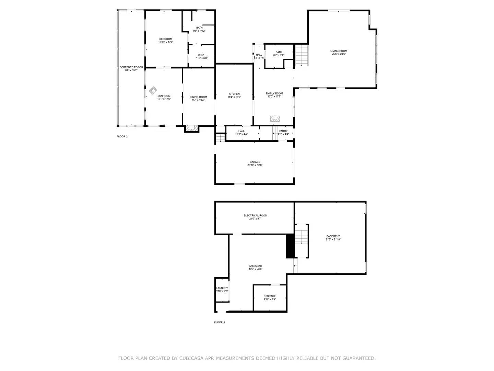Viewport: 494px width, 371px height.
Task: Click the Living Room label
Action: point(339,51)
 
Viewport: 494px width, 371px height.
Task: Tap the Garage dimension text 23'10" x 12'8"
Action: point(255,165)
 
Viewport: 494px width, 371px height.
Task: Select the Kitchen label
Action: point(234,94)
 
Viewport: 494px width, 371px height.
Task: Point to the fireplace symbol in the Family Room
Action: point(275,119)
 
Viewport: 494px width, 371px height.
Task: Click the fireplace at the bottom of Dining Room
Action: point(192,128)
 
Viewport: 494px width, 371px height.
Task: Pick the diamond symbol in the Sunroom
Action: point(153,90)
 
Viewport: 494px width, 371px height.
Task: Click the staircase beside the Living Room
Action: point(302,55)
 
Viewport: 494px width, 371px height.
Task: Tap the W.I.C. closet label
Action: point(201,55)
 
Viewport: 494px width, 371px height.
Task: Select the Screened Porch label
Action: point(131,67)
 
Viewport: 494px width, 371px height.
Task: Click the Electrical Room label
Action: point(255,215)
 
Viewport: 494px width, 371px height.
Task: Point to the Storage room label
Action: point(270,296)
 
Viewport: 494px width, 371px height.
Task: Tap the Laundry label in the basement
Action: point(222,288)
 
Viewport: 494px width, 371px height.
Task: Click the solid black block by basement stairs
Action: point(290,246)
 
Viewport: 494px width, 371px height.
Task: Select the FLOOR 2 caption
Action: point(122,136)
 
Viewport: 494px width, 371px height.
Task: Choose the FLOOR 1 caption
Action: point(220,322)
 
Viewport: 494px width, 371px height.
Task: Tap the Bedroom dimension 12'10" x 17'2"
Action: point(166,42)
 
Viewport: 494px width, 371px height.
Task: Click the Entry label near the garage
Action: point(283,131)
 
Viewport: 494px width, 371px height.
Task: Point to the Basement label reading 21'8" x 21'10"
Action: point(333,239)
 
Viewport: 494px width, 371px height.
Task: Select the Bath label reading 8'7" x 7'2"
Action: point(279,55)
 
